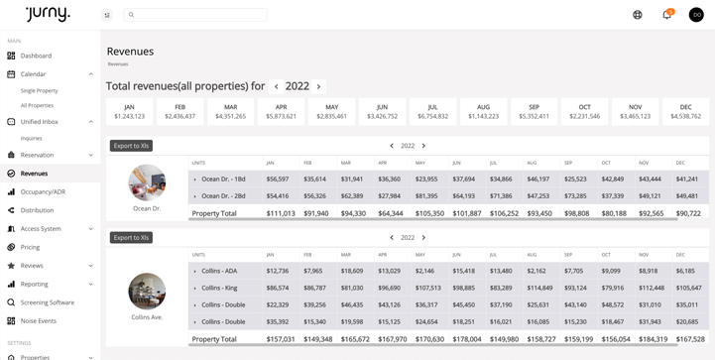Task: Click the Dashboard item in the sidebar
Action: [36, 56]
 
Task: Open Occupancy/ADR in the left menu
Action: [43, 191]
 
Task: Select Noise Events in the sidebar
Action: [39, 321]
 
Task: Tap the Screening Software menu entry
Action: [47, 302]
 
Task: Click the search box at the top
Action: [195, 15]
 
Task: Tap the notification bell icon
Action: [666, 15]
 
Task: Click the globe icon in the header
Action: [638, 15]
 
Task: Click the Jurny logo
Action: [49, 13]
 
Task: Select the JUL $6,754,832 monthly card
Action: [432, 111]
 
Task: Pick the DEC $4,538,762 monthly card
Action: [685, 111]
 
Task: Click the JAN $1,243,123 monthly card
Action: [129, 111]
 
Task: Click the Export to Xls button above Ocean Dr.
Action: [131, 146]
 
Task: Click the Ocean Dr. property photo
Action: [147, 182]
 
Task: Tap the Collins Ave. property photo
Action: [147, 291]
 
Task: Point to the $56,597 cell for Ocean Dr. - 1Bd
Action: [278, 180]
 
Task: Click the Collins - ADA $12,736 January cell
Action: [278, 271]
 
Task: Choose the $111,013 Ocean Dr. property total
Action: [281, 213]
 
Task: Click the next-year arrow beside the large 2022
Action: [318, 87]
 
